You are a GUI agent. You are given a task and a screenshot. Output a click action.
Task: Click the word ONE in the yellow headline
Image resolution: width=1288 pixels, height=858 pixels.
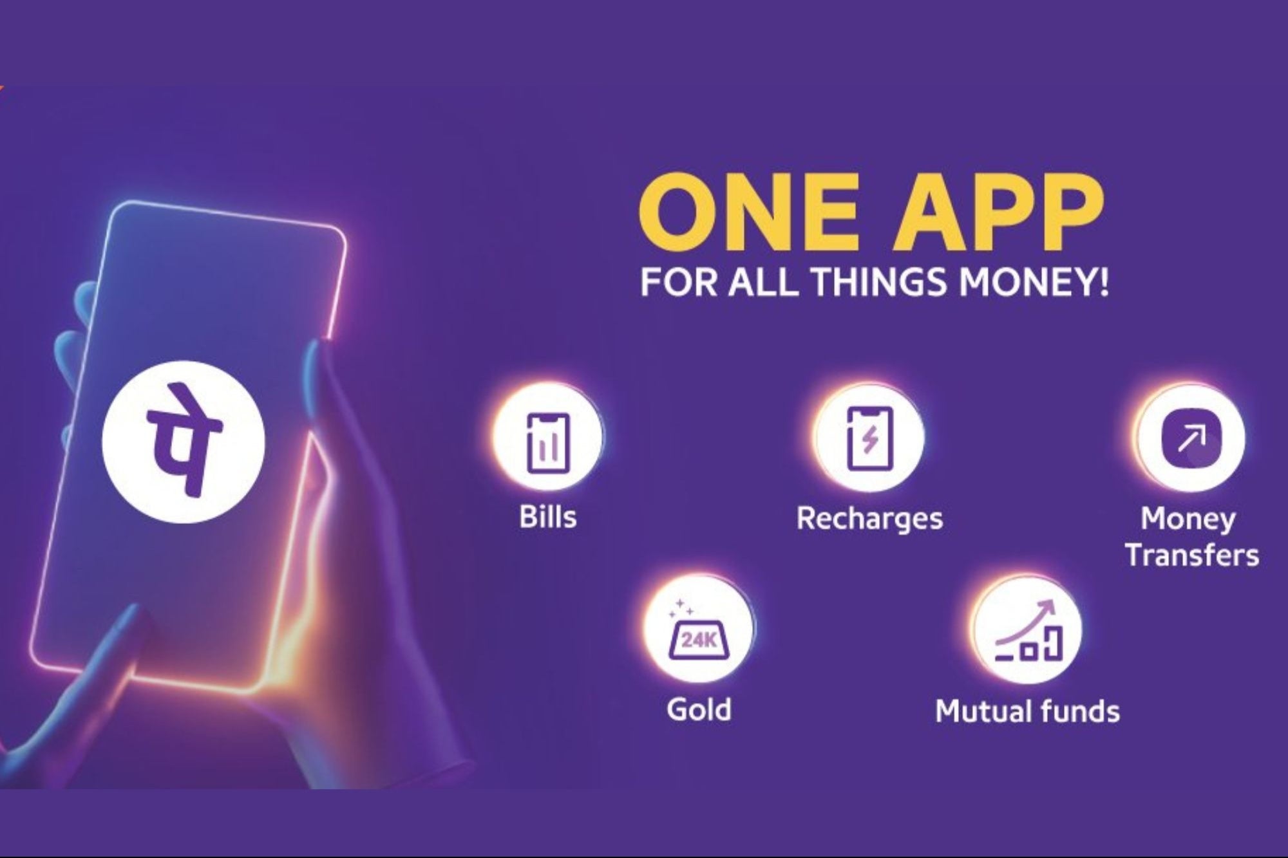[x=750, y=205]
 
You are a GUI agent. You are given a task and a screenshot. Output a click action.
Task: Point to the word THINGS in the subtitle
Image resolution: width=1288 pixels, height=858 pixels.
[x=883, y=283]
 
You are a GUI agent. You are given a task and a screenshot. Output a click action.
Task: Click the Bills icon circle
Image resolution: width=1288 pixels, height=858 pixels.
[x=548, y=438]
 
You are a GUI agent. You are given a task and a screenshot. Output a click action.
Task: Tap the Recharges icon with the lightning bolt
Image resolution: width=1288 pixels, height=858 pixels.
[x=869, y=438]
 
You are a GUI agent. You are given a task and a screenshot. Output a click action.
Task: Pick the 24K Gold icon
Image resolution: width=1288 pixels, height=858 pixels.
[x=700, y=628]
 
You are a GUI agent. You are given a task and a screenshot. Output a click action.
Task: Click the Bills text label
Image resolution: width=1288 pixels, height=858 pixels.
[x=548, y=517]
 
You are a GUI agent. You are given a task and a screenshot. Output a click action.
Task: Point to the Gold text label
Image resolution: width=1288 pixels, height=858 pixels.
[x=699, y=709]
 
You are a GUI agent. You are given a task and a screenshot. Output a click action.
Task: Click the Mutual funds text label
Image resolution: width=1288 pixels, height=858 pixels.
[x=1027, y=711]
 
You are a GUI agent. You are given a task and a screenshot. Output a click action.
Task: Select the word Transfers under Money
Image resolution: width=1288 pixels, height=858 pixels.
[x=1192, y=555]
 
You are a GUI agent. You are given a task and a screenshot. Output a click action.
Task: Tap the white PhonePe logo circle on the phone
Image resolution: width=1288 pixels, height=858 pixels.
[x=184, y=441]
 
